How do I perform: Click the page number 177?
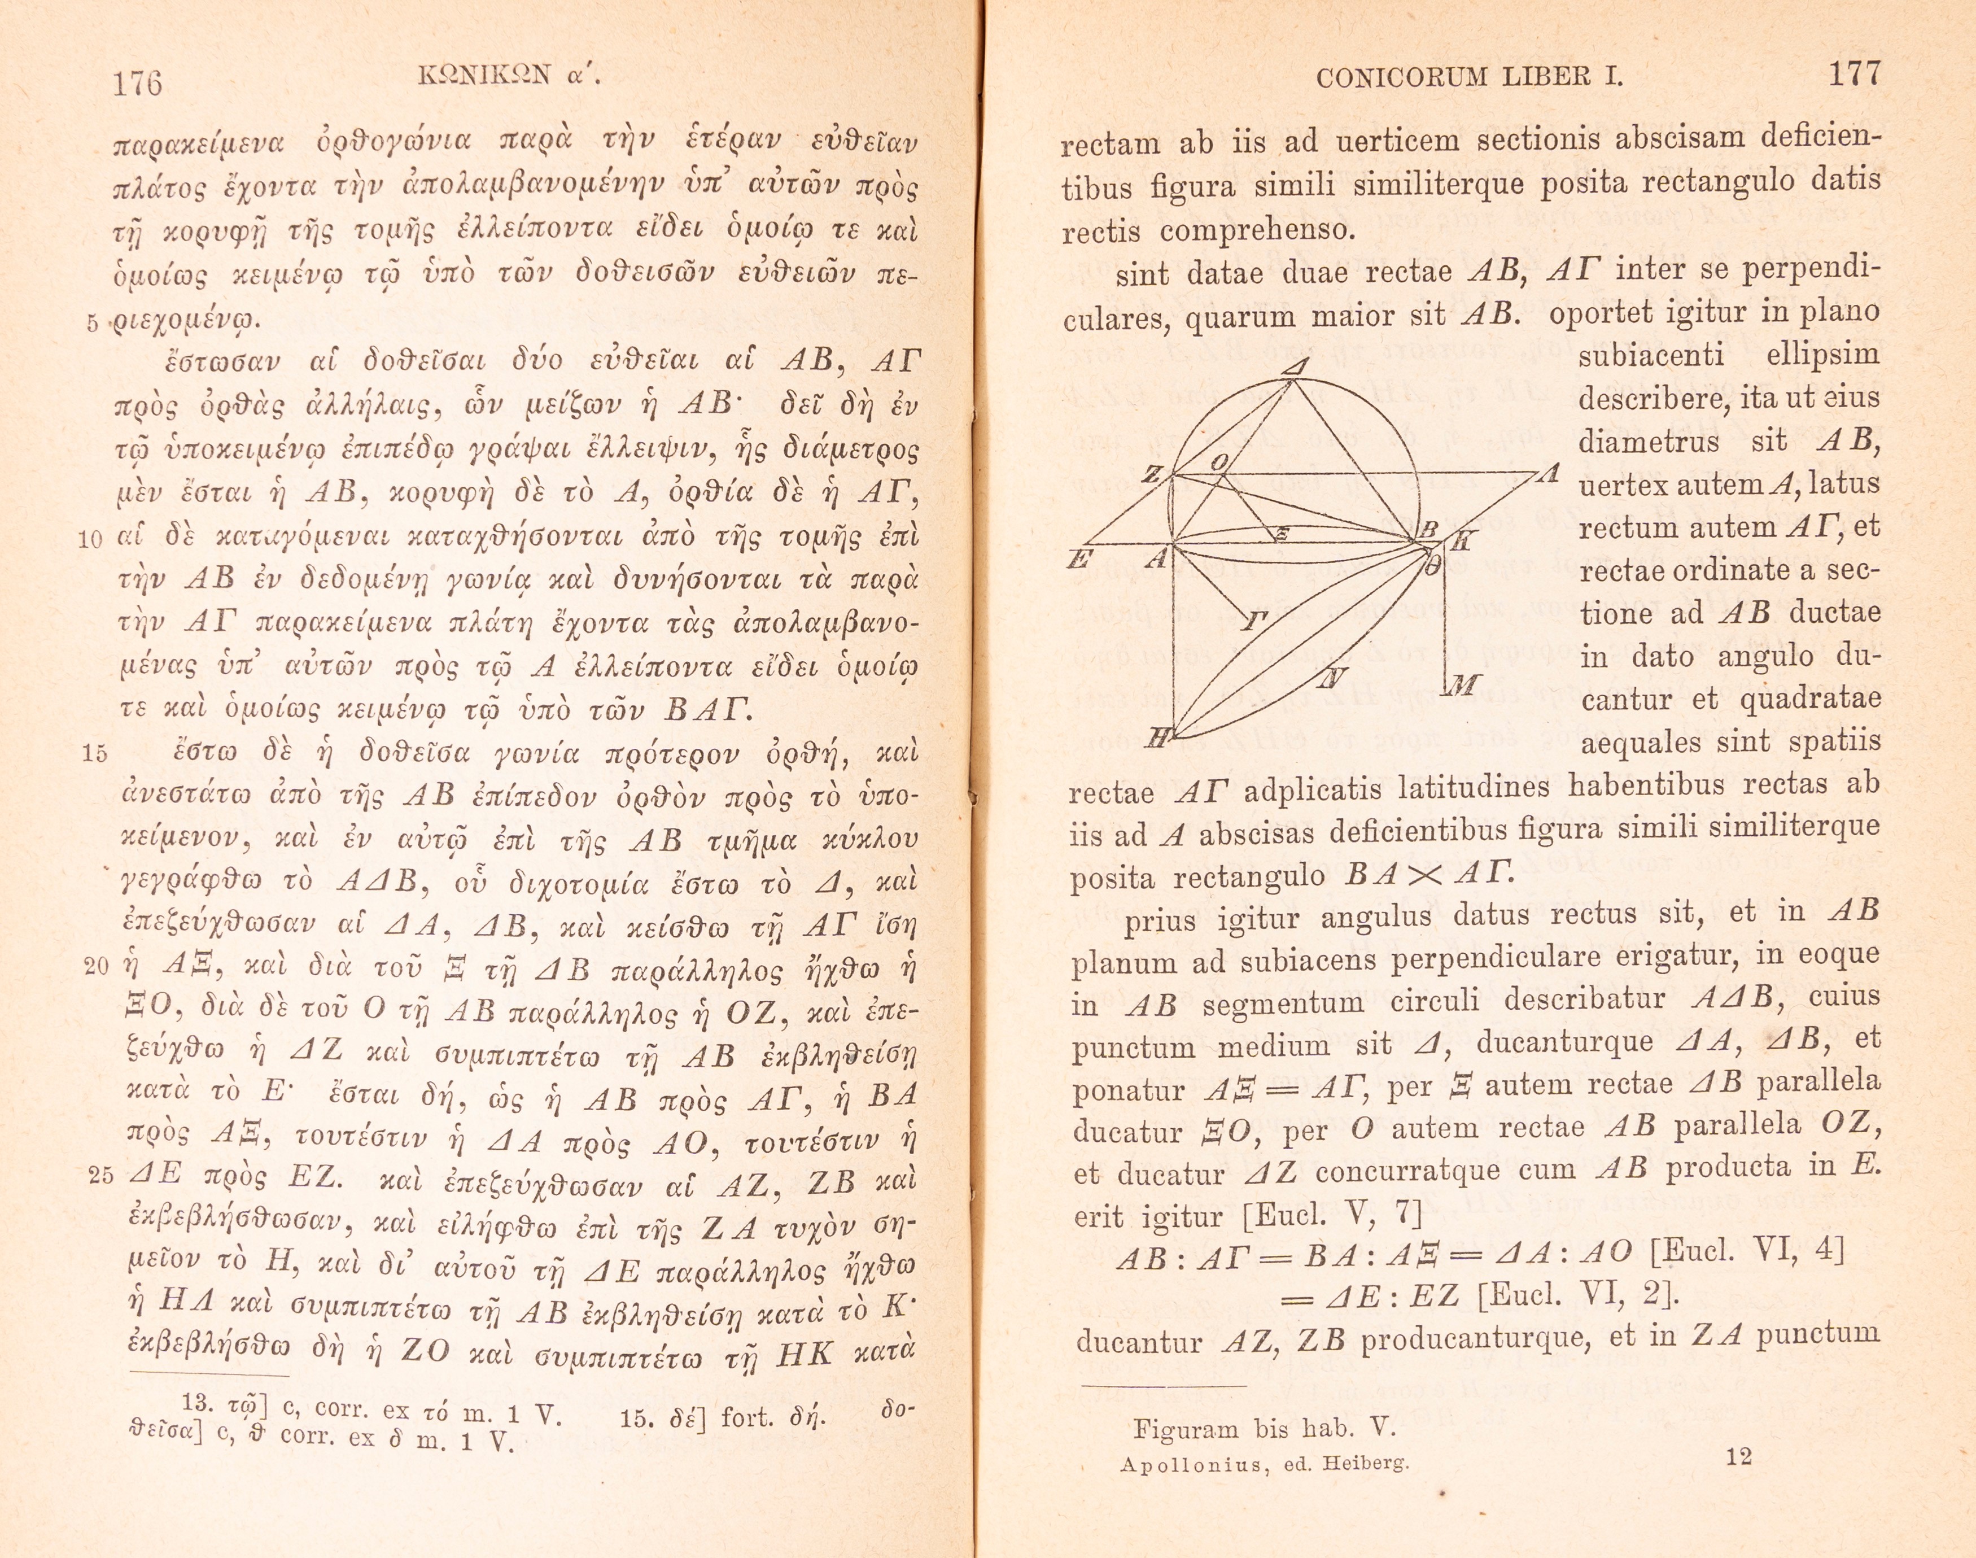pyautogui.click(x=1855, y=73)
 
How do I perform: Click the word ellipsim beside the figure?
pyautogui.click(x=1822, y=354)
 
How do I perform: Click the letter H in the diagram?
pyautogui.click(x=1156, y=739)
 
